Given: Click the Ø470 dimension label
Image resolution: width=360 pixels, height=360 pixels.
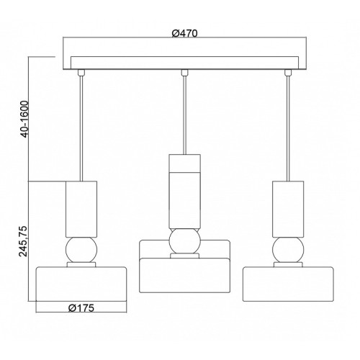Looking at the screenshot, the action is coord(184,33).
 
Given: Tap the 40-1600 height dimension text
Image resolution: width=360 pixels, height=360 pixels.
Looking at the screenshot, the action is coord(24,120).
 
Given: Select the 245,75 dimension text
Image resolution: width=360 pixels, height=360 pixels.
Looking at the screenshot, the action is coord(24,241).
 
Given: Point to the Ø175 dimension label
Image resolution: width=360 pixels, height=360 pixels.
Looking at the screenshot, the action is coord(81,307).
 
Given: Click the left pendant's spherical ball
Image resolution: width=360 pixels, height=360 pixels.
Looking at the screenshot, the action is coord(81,250).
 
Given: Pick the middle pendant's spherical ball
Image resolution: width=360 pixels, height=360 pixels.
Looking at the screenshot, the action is coord(184,240).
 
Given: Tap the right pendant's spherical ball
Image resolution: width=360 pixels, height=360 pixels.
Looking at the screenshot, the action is coord(288,250).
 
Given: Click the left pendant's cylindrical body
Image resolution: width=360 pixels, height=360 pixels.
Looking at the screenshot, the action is coord(81,210).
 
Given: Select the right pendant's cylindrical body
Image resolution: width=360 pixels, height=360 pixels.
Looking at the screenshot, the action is coord(288,210).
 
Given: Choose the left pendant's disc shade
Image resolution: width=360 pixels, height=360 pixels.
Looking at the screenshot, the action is coord(81,284).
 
